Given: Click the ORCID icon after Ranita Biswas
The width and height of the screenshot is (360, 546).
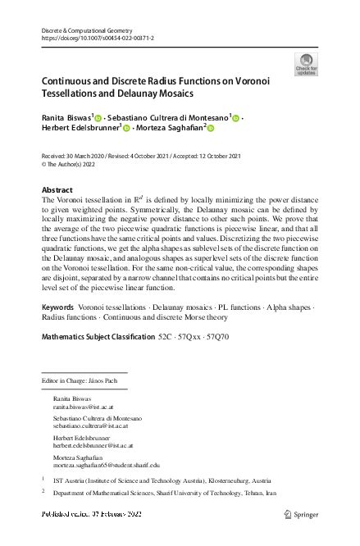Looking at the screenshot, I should (x=106, y=119).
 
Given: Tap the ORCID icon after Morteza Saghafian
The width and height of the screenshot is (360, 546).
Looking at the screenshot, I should (x=209, y=129).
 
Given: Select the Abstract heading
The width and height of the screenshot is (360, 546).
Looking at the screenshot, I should (x=58, y=189).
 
